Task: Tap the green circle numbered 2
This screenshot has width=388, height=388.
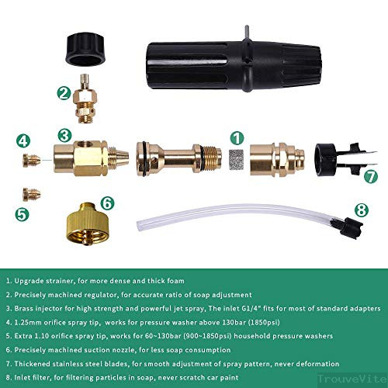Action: click(64, 93)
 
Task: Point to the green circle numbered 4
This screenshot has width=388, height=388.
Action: click(24, 140)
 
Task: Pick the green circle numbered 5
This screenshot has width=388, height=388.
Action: click(24, 210)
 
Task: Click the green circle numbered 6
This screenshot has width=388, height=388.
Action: click(108, 203)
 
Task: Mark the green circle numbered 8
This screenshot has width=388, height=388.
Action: click(361, 209)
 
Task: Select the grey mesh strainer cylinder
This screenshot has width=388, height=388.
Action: click(237, 158)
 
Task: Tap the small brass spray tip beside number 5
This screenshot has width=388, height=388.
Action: click(34, 191)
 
